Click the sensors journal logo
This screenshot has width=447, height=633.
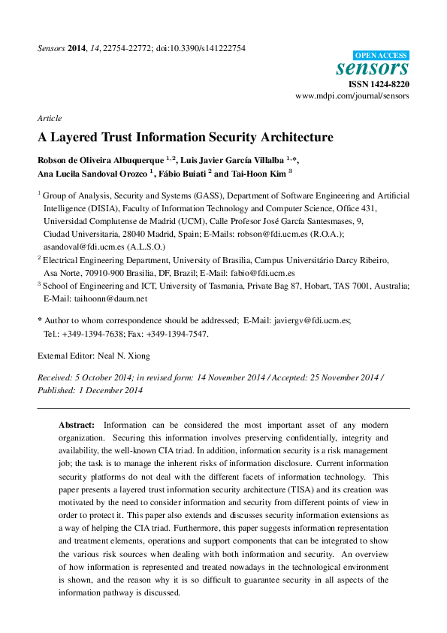[x=373, y=68]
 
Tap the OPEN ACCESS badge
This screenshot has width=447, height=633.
[x=381, y=55]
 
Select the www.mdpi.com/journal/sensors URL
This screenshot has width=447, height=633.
[x=352, y=96]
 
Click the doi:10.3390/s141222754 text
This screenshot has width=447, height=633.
[x=201, y=48]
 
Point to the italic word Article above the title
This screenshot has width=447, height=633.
[x=49, y=118]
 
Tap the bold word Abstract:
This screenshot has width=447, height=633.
[x=77, y=425]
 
